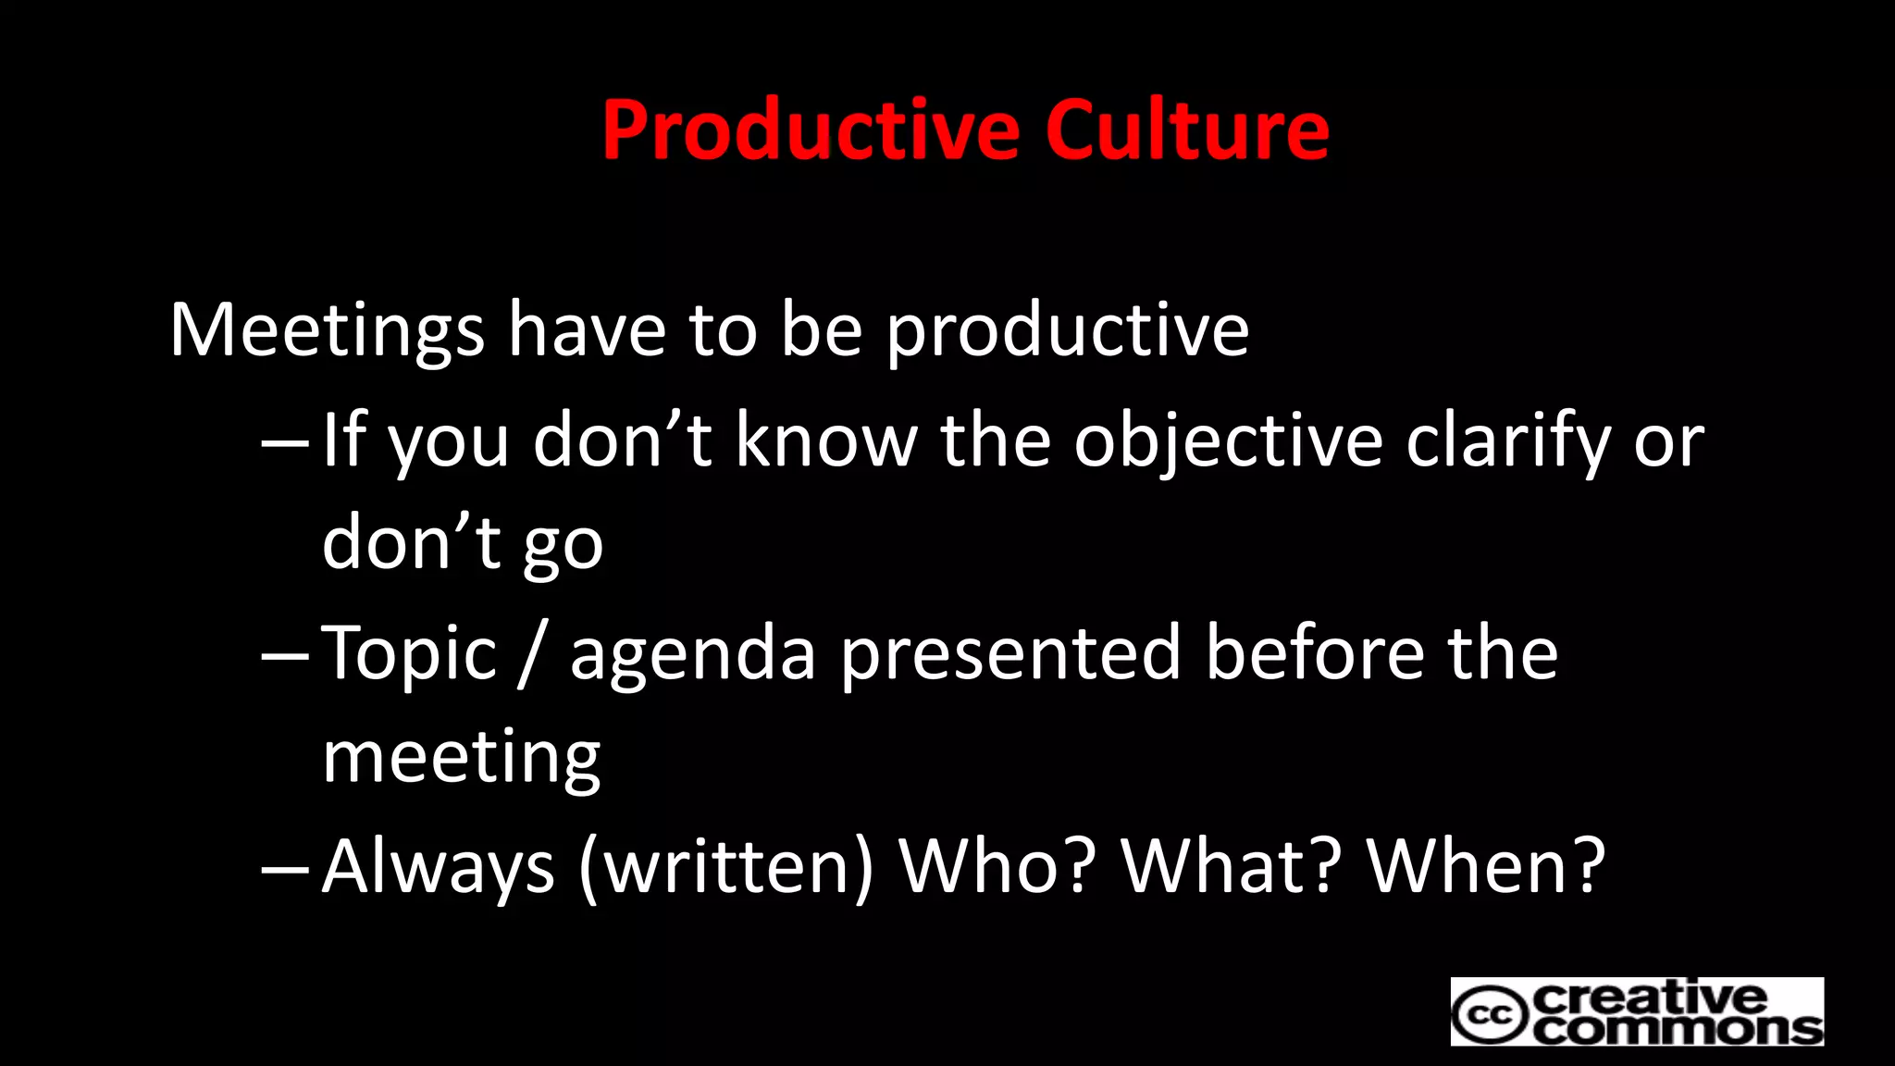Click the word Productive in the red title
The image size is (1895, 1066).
[811, 130]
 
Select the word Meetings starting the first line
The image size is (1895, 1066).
[327, 330]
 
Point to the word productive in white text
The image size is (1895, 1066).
[1068, 330]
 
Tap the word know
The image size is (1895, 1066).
[825, 441]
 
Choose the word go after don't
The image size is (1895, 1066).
[563, 546]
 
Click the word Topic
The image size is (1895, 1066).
[410, 654]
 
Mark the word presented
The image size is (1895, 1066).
[1010, 654]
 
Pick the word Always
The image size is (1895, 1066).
[438, 867]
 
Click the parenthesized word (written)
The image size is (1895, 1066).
[725, 867]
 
